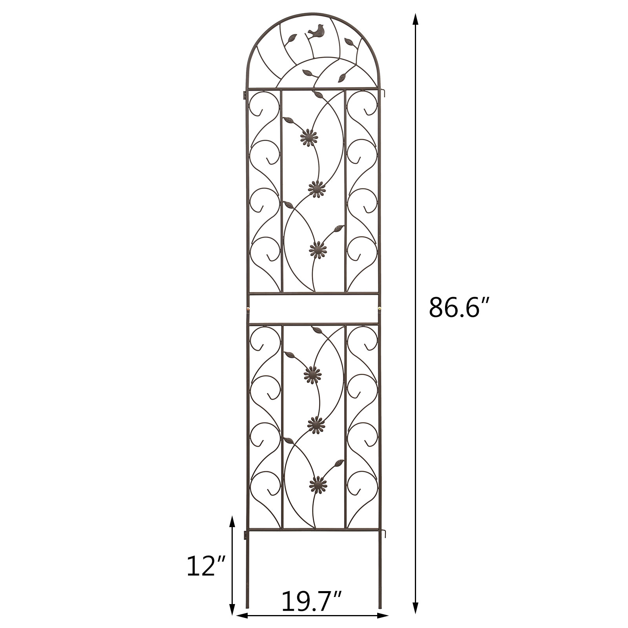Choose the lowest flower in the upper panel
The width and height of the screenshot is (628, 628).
click(x=318, y=248)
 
